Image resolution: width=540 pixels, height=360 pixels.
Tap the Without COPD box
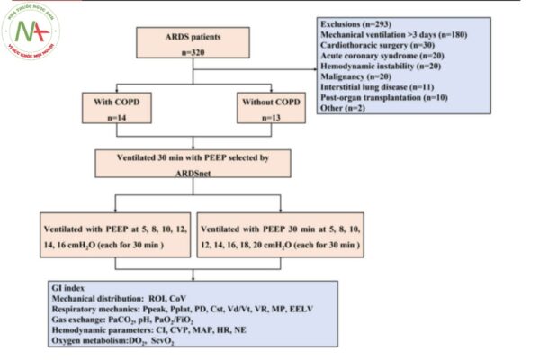pos(266,110)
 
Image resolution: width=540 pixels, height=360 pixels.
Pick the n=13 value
pos(266,119)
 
